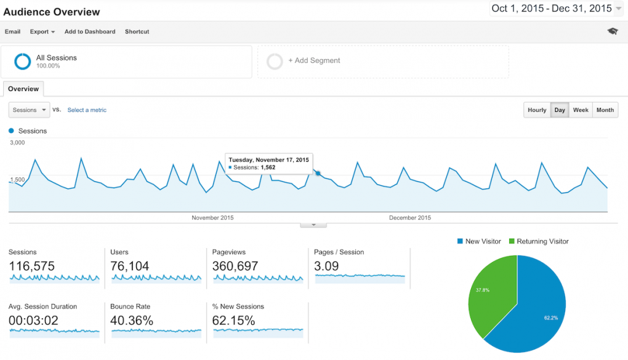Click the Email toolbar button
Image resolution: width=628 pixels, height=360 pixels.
pos(12,31)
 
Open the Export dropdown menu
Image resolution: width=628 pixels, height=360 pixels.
pos(42,31)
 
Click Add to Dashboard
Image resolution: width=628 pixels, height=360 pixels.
pos(90,31)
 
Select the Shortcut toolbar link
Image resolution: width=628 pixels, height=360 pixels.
pos(137,31)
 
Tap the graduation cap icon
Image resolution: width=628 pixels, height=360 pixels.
pos(612,31)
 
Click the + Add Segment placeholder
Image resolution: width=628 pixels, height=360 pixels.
pos(314,61)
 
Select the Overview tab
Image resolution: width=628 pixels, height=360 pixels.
pos(23,89)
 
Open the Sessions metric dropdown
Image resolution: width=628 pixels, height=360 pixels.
pos(29,110)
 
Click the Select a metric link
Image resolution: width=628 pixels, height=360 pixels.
pos(87,110)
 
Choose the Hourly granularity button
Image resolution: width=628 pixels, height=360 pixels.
pos(537,110)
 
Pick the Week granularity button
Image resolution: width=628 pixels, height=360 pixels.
pos(581,110)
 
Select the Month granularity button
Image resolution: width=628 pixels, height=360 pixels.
pos(605,110)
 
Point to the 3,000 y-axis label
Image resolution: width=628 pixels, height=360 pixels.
pos(17,143)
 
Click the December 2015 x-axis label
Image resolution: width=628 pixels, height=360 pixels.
pos(410,218)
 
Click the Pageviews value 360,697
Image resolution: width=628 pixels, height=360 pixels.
pos(235,266)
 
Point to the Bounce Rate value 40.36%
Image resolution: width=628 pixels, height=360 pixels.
pos(132,321)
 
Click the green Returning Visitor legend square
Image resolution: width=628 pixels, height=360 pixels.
pos(512,242)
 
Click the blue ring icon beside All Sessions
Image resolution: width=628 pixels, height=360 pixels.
pos(23,61)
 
